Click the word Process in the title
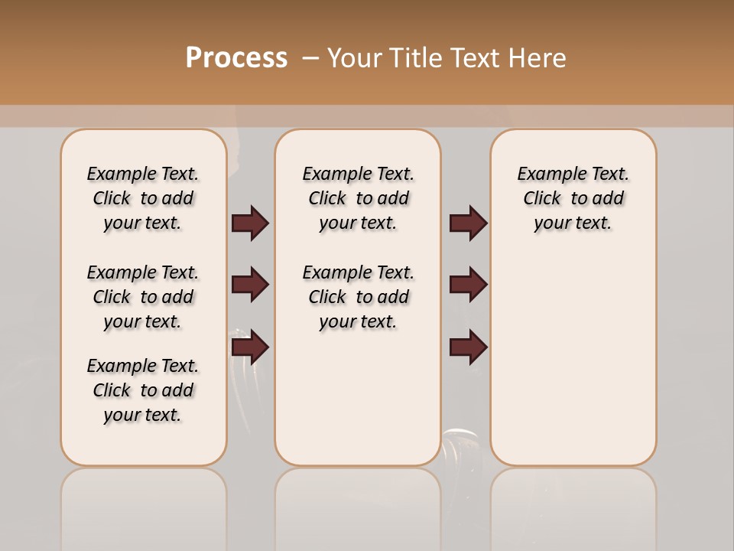(236, 57)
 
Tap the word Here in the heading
(538, 58)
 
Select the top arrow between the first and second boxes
(250, 223)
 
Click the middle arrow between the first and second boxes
(250, 285)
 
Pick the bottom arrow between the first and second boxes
(250, 347)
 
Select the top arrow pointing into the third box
(468, 223)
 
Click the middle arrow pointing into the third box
(468, 285)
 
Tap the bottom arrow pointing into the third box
(468, 347)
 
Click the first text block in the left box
(143, 198)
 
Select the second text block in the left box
(143, 297)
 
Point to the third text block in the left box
(143, 390)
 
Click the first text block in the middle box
(358, 198)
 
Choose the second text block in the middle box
(358, 297)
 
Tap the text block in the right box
(573, 198)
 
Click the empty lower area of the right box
(573, 367)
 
